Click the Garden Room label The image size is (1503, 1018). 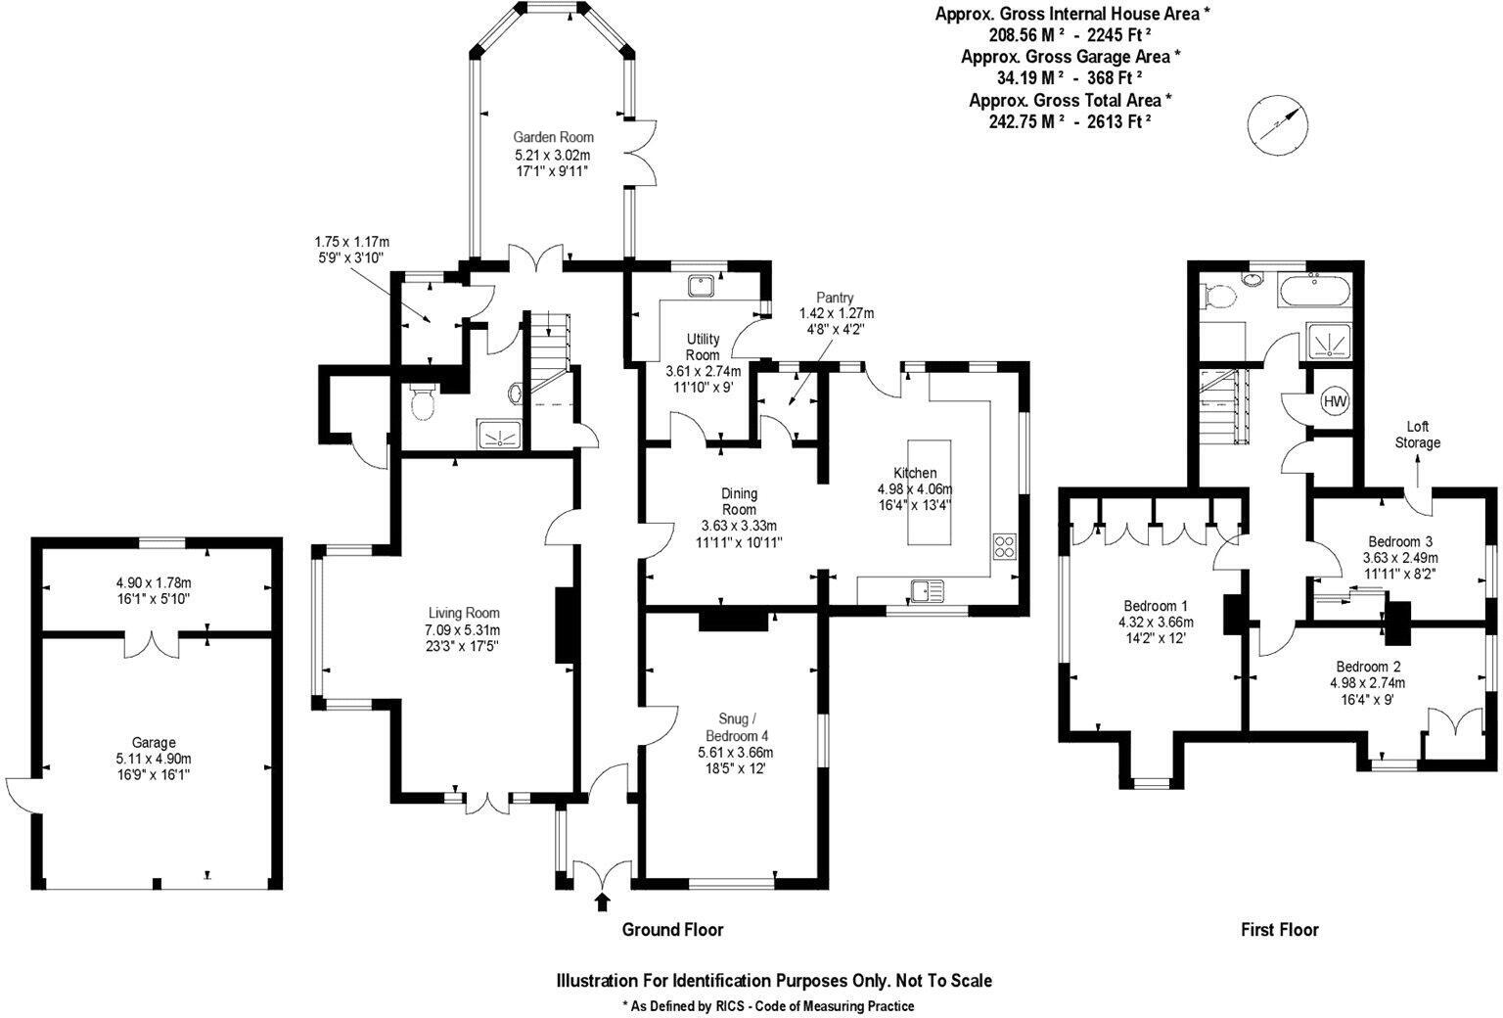tap(554, 138)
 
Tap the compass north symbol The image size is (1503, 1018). tap(1277, 124)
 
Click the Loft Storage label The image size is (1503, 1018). tap(1417, 435)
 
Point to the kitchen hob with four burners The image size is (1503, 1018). tap(1005, 545)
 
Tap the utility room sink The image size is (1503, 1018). tap(701, 285)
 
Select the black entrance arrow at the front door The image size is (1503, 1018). tap(602, 902)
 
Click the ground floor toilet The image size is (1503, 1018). tap(423, 402)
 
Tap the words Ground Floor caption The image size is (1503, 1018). tap(672, 930)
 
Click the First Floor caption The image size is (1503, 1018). tap(1279, 930)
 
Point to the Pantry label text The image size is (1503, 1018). tap(835, 298)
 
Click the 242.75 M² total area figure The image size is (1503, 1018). tap(1025, 121)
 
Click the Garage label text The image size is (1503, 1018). tap(154, 743)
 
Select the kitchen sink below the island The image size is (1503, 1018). tap(925, 589)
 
